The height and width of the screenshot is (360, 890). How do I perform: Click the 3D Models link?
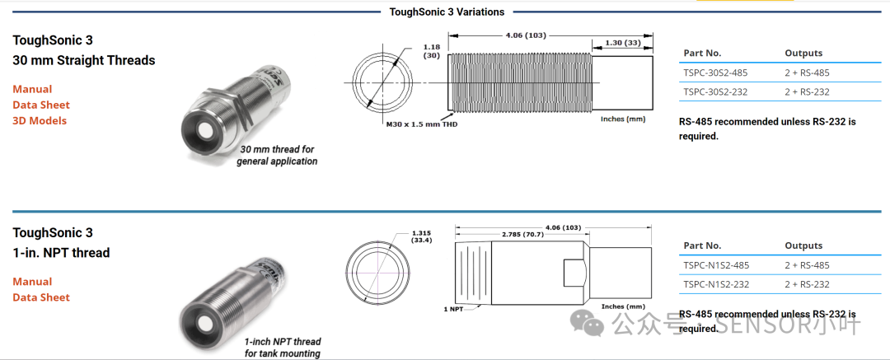pyautogui.click(x=40, y=121)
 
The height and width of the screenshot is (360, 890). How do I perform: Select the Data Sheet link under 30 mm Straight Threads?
pyautogui.click(x=41, y=105)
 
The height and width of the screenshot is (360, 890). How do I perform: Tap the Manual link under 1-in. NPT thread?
pyautogui.click(x=32, y=282)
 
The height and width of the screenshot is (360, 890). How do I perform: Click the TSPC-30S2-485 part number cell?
pyautogui.click(x=715, y=72)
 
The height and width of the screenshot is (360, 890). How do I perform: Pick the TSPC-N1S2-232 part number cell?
pyautogui.click(x=716, y=284)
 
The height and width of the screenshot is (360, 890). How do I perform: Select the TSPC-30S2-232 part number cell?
pyautogui.click(x=715, y=92)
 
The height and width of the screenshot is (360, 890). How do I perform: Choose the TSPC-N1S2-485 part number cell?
pyautogui.click(x=716, y=265)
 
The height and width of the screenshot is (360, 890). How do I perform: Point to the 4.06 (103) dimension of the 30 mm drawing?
pyautogui.click(x=526, y=35)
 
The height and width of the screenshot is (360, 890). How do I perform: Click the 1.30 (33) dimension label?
pyautogui.click(x=622, y=43)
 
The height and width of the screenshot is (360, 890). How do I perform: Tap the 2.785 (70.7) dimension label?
pyautogui.click(x=522, y=234)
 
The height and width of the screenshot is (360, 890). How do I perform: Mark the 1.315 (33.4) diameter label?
pyautogui.click(x=422, y=236)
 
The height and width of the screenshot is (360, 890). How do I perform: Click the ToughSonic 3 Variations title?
pyautogui.click(x=447, y=12)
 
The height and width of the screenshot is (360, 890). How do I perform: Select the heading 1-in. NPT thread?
pyautogui.click(x=61, y=253)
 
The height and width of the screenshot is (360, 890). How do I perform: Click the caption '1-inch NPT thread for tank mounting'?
pyautogui.click(x=283, y=348)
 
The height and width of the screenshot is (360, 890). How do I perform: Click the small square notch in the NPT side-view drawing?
pyautogui.click(x=575, y=274)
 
